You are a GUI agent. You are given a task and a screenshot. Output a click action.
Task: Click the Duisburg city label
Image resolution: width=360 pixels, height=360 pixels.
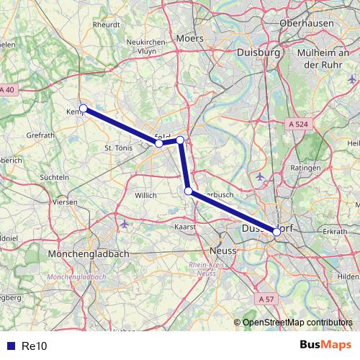click(258, 53)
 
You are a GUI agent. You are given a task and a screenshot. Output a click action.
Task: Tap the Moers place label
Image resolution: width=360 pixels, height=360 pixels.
click(190, 37)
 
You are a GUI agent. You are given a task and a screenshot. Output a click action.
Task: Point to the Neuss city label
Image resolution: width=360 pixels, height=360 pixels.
click(223, 250)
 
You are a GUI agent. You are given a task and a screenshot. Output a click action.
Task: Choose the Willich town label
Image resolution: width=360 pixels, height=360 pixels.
click(145, 195)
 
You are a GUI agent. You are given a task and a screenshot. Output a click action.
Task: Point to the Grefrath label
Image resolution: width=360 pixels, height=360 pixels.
click(39, 135)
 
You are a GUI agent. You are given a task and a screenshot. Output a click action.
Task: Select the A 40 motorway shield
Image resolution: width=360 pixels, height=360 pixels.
click(7, 89)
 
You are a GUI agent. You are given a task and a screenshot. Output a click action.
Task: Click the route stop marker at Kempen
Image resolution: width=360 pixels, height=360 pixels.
click(84, 109)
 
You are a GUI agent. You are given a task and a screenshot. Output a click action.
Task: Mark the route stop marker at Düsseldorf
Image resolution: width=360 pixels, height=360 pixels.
click(276, 232)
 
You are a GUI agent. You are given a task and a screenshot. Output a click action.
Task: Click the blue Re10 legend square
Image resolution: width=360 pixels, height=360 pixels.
click(10, 346)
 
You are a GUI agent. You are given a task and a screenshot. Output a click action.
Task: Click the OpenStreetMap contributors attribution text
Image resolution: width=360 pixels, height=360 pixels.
click(297, 323)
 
